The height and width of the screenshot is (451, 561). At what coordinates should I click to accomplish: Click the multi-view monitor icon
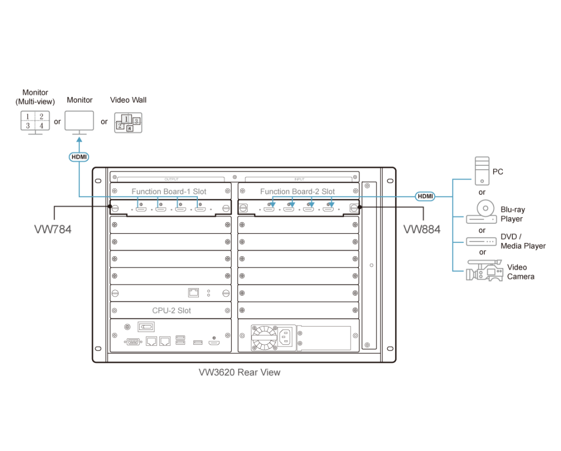pyautogui.click(x=33, y=122)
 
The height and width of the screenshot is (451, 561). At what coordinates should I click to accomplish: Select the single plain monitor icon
pyautogui.click(x=79, y=122)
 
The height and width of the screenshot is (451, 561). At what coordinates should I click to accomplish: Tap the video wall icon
pyautogui.click(x=127, y=122)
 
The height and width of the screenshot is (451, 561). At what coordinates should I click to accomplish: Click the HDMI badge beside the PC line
pyautogui.click(x=425, y=196)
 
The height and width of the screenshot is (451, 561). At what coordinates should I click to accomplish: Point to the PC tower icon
pyautogui.click(x=482, y=170)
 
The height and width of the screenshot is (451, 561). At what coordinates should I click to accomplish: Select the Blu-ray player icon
pyautogui.click(x=482, y=213)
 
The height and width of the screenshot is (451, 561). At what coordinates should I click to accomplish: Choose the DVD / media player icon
pyautogui.click(x=482, y=241)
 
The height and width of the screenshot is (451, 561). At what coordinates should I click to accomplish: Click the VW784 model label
pyautogui.click(x=53, y=229)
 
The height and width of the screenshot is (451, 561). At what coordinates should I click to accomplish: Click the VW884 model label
pyautogui.click(x=421, y=229)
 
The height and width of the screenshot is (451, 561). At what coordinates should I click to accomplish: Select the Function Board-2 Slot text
pyautogui.click(x=297, y=192)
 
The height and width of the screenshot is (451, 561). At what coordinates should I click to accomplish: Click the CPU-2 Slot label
pyautogui.click(x=171, y=310)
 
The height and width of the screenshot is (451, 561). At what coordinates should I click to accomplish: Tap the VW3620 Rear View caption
pyautogui.click(x=239, y=372)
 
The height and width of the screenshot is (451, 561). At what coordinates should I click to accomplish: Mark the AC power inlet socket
pyautogui.click(x=287, y=336)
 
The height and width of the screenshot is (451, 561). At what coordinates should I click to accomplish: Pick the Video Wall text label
pyautogui.click(x=128, y=100)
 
